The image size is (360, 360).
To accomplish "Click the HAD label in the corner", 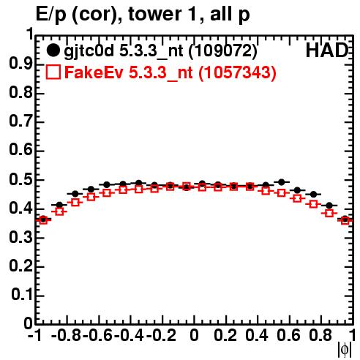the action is [327, 50].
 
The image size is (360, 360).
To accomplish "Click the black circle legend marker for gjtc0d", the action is [53, 50].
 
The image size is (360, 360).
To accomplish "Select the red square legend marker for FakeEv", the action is [53, 72].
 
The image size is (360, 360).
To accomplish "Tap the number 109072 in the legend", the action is [223, 50].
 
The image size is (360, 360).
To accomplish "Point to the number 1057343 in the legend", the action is [237, 72].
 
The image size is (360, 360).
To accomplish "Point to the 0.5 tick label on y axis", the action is [20, 180].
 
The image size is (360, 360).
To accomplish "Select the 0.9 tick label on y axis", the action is [20, 64].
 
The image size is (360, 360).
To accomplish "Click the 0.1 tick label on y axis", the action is [22, 295].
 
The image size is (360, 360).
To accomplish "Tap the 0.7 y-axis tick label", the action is [20, 122].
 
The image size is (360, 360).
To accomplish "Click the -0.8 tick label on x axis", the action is [66, 335].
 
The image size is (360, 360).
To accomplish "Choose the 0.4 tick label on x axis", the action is [257, 335].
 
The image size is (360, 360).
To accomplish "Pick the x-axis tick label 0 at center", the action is [194, 335].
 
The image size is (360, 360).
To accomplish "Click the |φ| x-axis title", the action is [345, 350].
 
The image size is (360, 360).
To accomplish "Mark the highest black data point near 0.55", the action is [282, 182].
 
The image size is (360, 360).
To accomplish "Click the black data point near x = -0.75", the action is [75, 194].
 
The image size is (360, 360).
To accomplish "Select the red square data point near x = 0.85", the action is [329, 213].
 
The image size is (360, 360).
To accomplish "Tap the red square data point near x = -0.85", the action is [59, 211].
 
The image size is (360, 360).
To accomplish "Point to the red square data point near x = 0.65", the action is [297, 198].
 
